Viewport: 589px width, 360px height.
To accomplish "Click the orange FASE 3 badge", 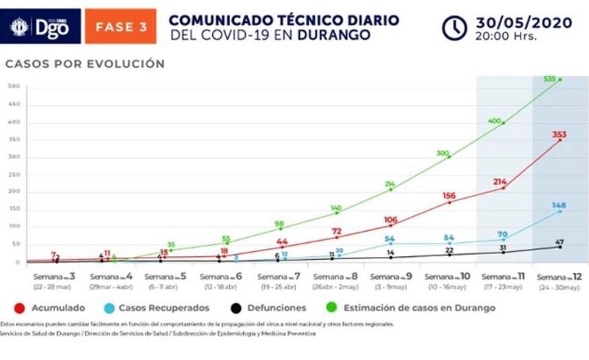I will pos(121,27).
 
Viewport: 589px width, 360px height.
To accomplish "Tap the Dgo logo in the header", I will pos(41,27).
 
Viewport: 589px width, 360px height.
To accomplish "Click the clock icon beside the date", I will pos(454,27).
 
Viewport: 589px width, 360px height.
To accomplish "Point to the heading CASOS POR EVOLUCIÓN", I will pos(85,64).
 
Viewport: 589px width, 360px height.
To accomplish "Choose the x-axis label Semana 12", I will pos(560,280).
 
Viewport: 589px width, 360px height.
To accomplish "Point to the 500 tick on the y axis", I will pos(13,87).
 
